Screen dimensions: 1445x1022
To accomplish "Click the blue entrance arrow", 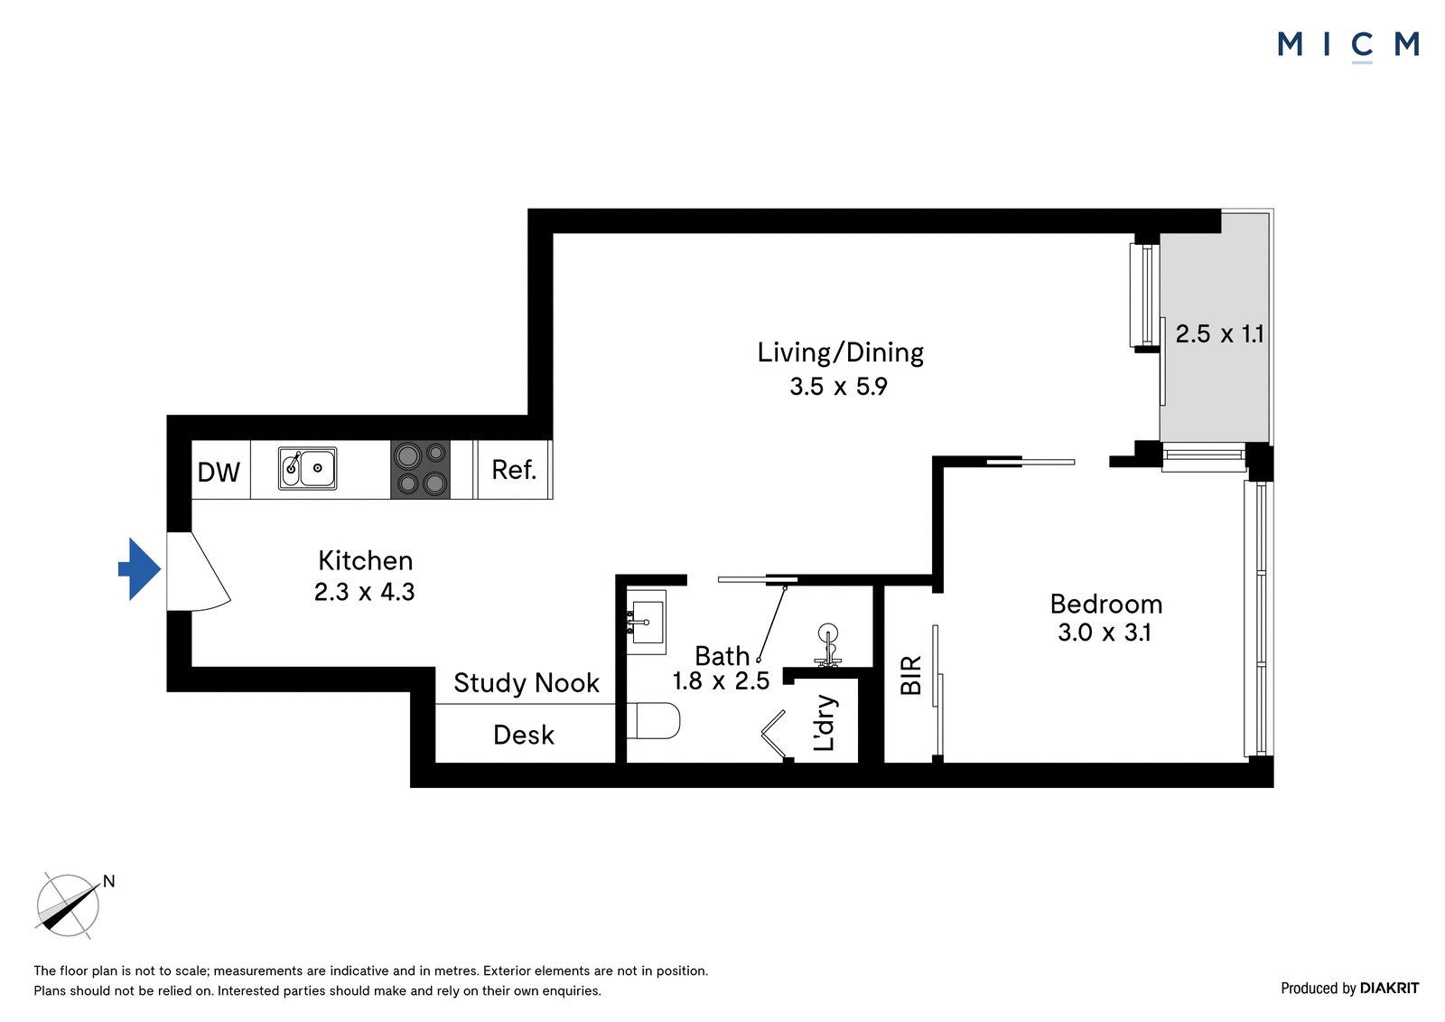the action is [x=139, y=568].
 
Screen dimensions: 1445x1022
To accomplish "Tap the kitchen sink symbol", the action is [x=308, y=468].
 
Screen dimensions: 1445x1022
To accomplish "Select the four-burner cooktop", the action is [x=420, y=469].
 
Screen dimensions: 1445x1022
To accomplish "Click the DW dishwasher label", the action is [x=219, y=473].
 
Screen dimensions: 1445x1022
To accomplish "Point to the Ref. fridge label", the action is [x=514, y=470].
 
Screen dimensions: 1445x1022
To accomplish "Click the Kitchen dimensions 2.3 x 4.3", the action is [x=365, y=591].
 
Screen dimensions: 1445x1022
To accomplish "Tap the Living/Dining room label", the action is [x=840, y=352].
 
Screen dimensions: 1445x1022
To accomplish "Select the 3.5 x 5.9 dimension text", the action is [x=839, y=387].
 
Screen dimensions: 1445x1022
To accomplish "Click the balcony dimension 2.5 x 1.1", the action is [x=1218, y=333].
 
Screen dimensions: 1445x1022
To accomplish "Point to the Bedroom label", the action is [x=1105, y=605].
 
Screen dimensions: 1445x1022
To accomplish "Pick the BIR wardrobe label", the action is [x=911, y=675].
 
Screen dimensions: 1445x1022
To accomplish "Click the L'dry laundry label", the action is [x=824, y=723].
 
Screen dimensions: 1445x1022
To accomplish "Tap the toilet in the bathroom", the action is [x=654, y=721].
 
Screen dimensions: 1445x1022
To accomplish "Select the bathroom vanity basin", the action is [x=647, y=623].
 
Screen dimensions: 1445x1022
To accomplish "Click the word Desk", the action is [x=523, y=735].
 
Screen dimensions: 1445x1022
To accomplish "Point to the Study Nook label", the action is [x=527, y=683].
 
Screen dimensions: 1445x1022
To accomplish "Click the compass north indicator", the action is [x=108, y=881].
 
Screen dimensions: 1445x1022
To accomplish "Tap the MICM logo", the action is [x=1348, y=46].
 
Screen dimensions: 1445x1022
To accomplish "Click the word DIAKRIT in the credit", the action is [x=1390, y=988].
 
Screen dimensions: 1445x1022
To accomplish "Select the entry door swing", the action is [x=199, y=571].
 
